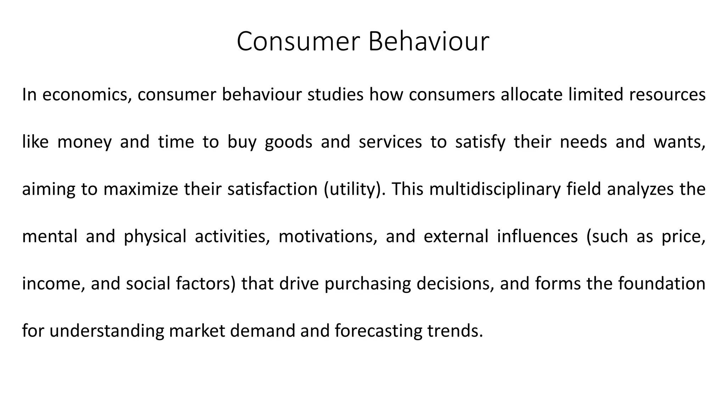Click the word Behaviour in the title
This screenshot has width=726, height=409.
click(x=429, y=42)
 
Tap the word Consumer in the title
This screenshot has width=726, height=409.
click(x=298, y=42)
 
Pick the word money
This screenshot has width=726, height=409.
click(x=84, y=142)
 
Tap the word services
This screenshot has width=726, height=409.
click(x=390, y=142)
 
